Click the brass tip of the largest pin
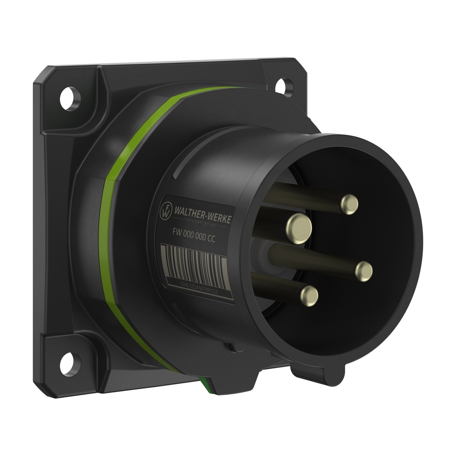[x=299, y=226]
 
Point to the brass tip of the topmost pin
[x=349, y=204]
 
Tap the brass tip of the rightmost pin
[x=364, y=271]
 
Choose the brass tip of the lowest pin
[x=308, y=295]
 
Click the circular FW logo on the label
[x=165, y=211]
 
